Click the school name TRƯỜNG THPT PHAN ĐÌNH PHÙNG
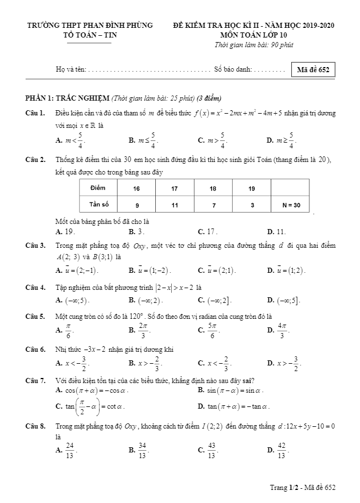pyautogui.click(x=90, y=26)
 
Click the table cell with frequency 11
pyautogui.click(x=175, y=204)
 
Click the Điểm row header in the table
pyautogui.click(x=98, y=188)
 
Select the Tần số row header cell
pyautogui.click(x=98, y=204)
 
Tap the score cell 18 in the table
pyautogui.click(x=213, y=188)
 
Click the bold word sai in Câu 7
pyautogui.click(x=247, y=380)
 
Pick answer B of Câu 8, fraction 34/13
pyautogui.click(x=139, y=450)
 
